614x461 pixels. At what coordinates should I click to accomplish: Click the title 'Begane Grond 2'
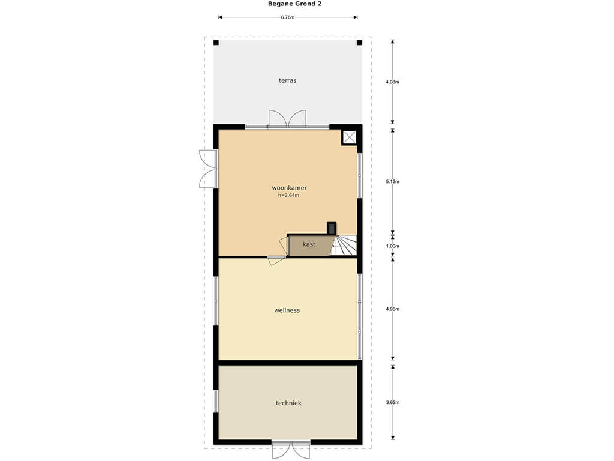pyautogui.click(x=294, y=4)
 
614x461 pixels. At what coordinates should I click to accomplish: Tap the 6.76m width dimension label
pyautogui.click(x=287, y=17)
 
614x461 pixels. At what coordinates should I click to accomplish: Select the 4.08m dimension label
pyautogui.click(x=392, y=82)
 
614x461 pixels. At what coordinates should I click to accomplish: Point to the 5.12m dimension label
pyautogui.click(x=392, y=181)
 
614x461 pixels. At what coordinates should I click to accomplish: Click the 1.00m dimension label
pyautogui.click(x=392, y=246)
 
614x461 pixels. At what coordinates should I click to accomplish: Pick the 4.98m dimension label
pyautogui.click(x=392, y=309)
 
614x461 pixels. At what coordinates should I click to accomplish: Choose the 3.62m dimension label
pyautogui.click(x=392, y=402)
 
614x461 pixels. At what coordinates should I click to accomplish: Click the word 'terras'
pyautogui.click(x=287, y=81)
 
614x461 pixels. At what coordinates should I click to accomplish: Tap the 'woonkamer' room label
pyautogui.click(x=290, y=188)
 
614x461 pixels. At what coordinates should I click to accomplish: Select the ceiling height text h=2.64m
pyautogui.click(x=288, y=195)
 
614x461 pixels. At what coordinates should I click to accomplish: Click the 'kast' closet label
pyautogui.click(x=309, y=244)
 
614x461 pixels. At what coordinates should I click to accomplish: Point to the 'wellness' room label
pyautogui.click(x=287, y=310)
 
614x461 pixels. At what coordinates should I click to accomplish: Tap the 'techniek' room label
pyautogui.click(x=288, y=403)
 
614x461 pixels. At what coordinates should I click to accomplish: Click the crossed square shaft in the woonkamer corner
pyautogui.click(x=349, y=137)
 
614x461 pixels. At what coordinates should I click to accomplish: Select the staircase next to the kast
pyautogui.click(x=344, y=245)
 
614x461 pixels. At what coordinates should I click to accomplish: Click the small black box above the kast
pyautogui.click(x=331, y=228)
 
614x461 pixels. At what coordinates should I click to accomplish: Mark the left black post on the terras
pyautogui.click(x=216, y=43)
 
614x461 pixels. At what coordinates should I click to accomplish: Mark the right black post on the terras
pyautogui.click(x=360, y=43)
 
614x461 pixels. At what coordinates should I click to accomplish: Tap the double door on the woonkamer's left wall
pyautogui.click(x=207, y=169)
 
